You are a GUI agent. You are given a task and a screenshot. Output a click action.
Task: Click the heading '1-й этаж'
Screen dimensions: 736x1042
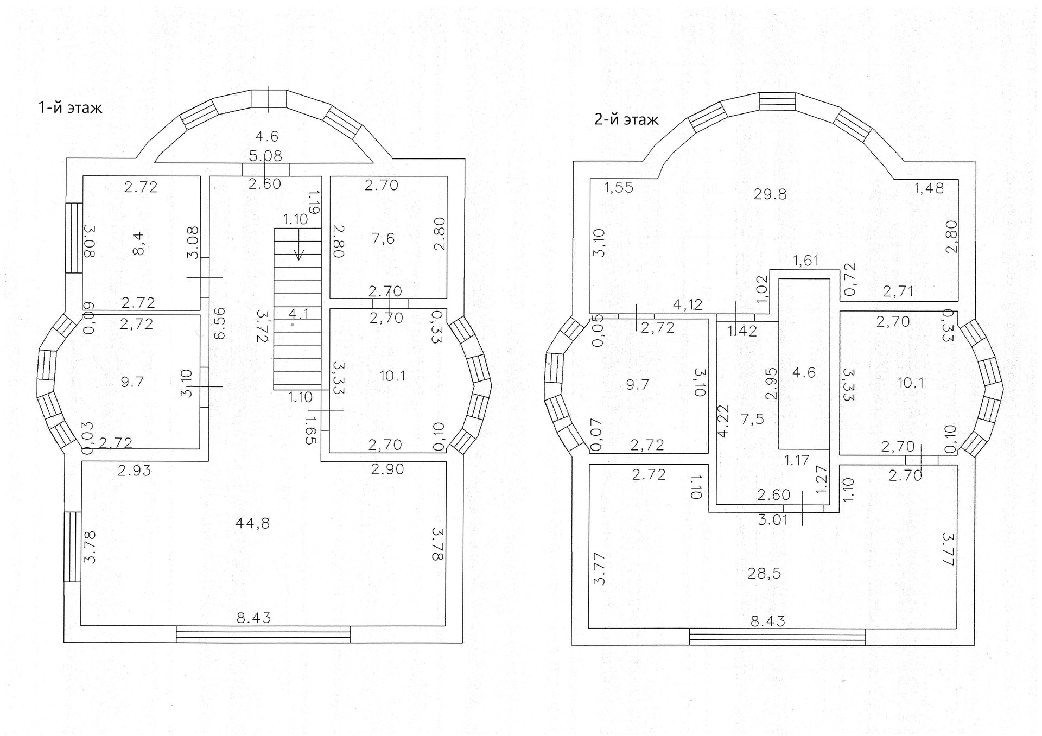(70, 107)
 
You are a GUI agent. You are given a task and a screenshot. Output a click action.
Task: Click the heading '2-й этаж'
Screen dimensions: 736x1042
(626, 119)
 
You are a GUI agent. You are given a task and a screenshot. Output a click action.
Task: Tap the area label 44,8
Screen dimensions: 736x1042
(252, 523)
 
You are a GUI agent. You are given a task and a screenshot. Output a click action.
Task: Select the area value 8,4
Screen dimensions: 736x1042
(138, 243)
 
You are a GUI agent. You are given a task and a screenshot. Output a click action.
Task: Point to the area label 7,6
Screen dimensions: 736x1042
(383, 238)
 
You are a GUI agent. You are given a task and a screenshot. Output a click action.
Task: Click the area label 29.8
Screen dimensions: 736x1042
(770, 194)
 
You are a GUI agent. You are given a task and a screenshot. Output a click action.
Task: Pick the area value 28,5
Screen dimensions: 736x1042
(764, 573)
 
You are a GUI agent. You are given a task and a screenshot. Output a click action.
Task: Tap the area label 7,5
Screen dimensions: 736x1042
(752, 418)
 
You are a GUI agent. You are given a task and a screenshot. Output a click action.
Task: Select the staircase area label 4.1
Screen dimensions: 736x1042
(298, 314)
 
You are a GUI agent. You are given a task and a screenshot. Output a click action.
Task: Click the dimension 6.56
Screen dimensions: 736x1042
(219, 323)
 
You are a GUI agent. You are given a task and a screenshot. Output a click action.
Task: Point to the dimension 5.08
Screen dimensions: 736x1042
(265, 156)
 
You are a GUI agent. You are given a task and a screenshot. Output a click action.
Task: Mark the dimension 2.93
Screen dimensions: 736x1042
(134, 471)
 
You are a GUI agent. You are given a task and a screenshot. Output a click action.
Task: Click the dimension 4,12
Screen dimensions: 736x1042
(688, 304)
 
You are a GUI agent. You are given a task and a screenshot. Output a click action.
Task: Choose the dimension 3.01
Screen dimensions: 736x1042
(773, 520)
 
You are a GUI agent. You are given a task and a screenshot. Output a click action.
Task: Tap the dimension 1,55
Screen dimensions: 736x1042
(619, 188)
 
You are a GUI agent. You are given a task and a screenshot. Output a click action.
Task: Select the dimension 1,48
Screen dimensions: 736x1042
(929, 188)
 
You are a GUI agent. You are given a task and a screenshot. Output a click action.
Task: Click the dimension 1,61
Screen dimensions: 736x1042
(806, 261)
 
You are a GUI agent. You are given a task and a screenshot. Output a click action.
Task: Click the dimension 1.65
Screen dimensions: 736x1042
(310, 430)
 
